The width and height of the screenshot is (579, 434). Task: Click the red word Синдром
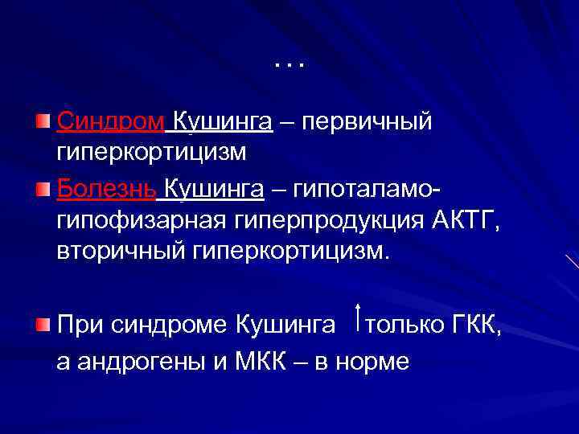click(111, 122)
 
